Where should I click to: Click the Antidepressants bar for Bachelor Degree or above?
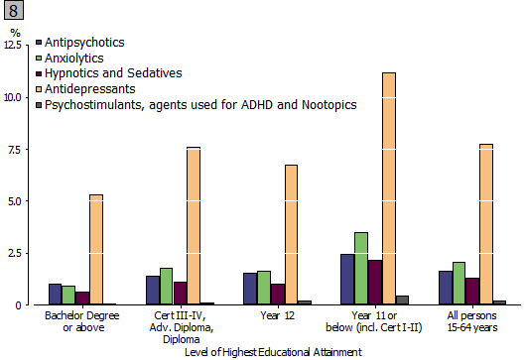point(96,250)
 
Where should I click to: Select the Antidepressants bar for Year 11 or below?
point(388,188)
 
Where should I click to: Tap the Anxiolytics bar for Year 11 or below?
point(360,269)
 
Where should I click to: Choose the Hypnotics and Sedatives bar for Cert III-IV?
point(180,294)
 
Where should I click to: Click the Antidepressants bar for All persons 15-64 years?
point(485,224)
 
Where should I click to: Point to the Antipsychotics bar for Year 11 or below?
point(346,280)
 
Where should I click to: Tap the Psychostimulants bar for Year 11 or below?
point(402,300)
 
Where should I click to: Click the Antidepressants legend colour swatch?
point(39,88)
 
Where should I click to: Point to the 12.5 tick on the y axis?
point(15,46)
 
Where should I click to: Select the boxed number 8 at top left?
point(12,12)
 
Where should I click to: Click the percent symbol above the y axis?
point(15,34)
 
